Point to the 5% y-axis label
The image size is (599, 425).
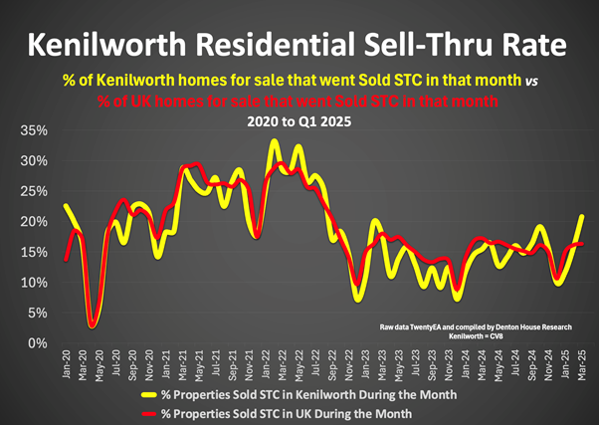click(x=37, y=314)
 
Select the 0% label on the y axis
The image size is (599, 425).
click(x=37, y=343)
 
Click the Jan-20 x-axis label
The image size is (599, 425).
click(x=66, y=362)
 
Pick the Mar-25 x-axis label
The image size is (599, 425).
click(x=582, y=362)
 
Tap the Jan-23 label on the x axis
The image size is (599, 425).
click(x=365, y=362)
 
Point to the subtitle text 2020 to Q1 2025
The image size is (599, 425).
click(x=299, y=121)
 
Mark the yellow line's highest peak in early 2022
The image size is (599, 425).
click(x=274, y=141)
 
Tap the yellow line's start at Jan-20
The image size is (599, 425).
click(x=66, y=206)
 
